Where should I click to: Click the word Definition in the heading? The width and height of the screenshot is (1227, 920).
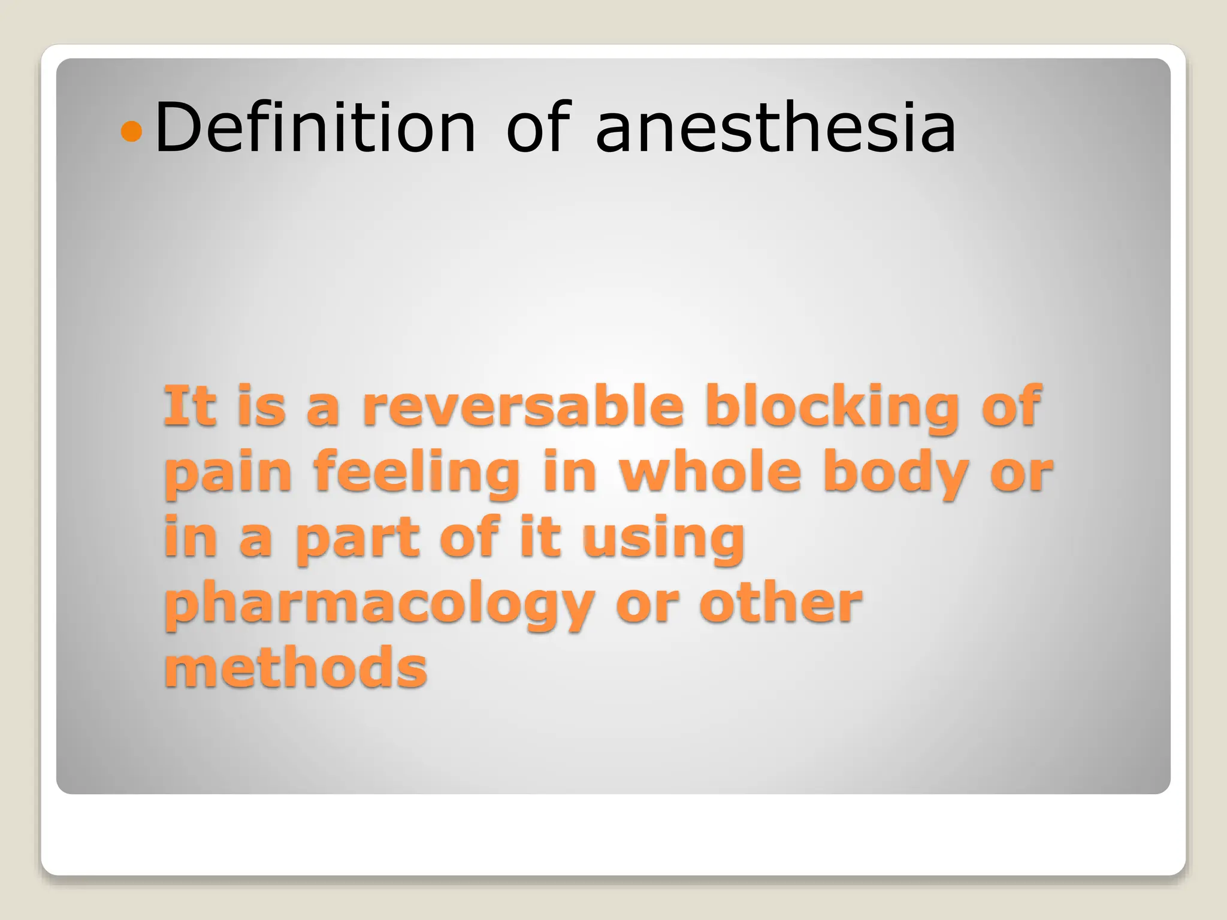coord(315,128)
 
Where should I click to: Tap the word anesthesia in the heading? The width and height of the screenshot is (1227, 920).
coord(775,128)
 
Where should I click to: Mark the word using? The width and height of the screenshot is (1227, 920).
coord(663,539)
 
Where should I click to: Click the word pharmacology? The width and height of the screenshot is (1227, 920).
coord(379,605)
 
